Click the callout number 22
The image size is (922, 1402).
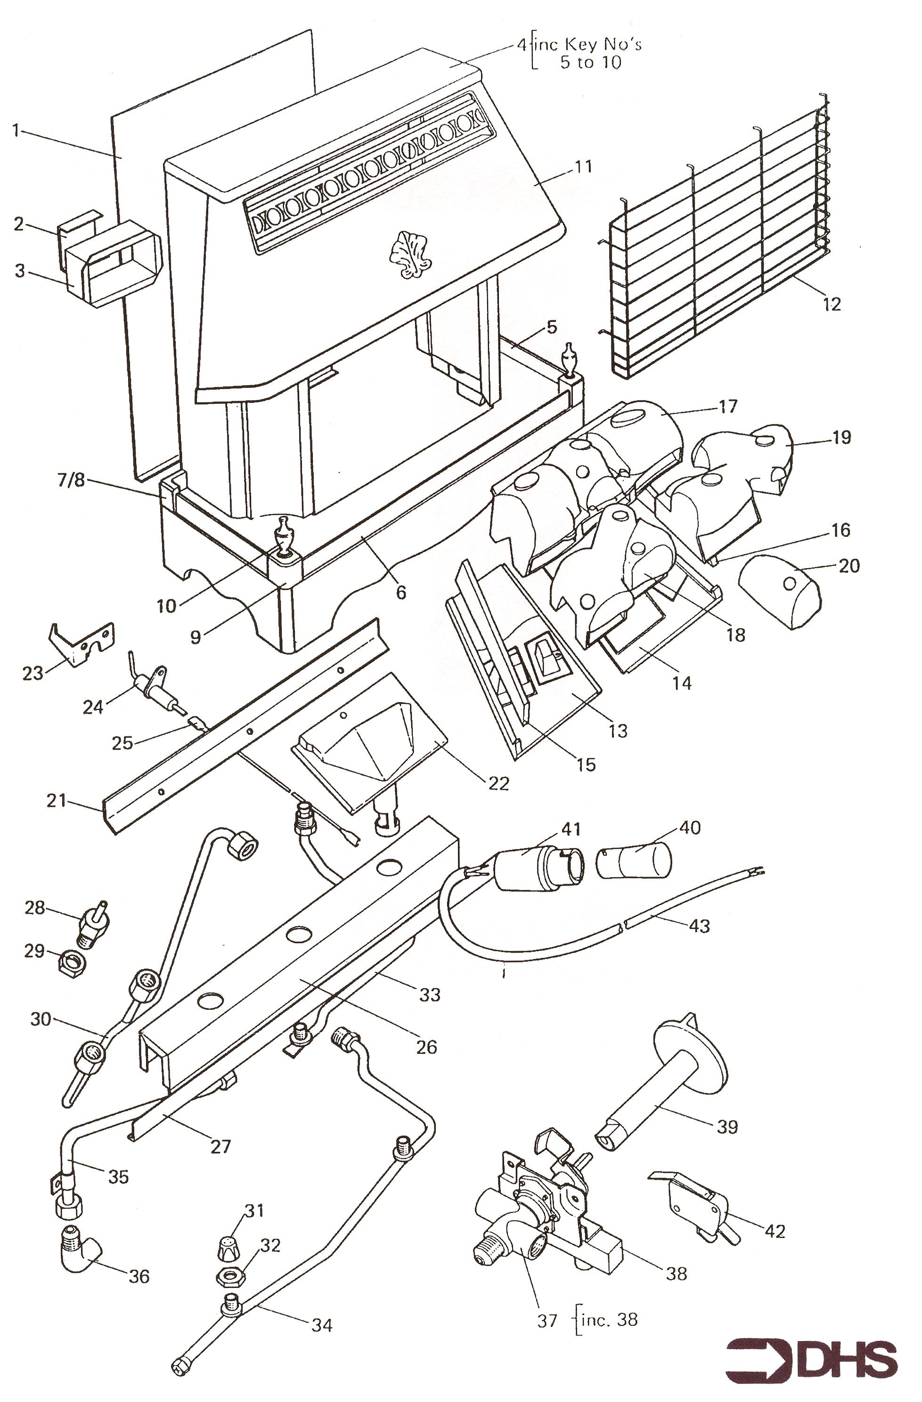point(498,783)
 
